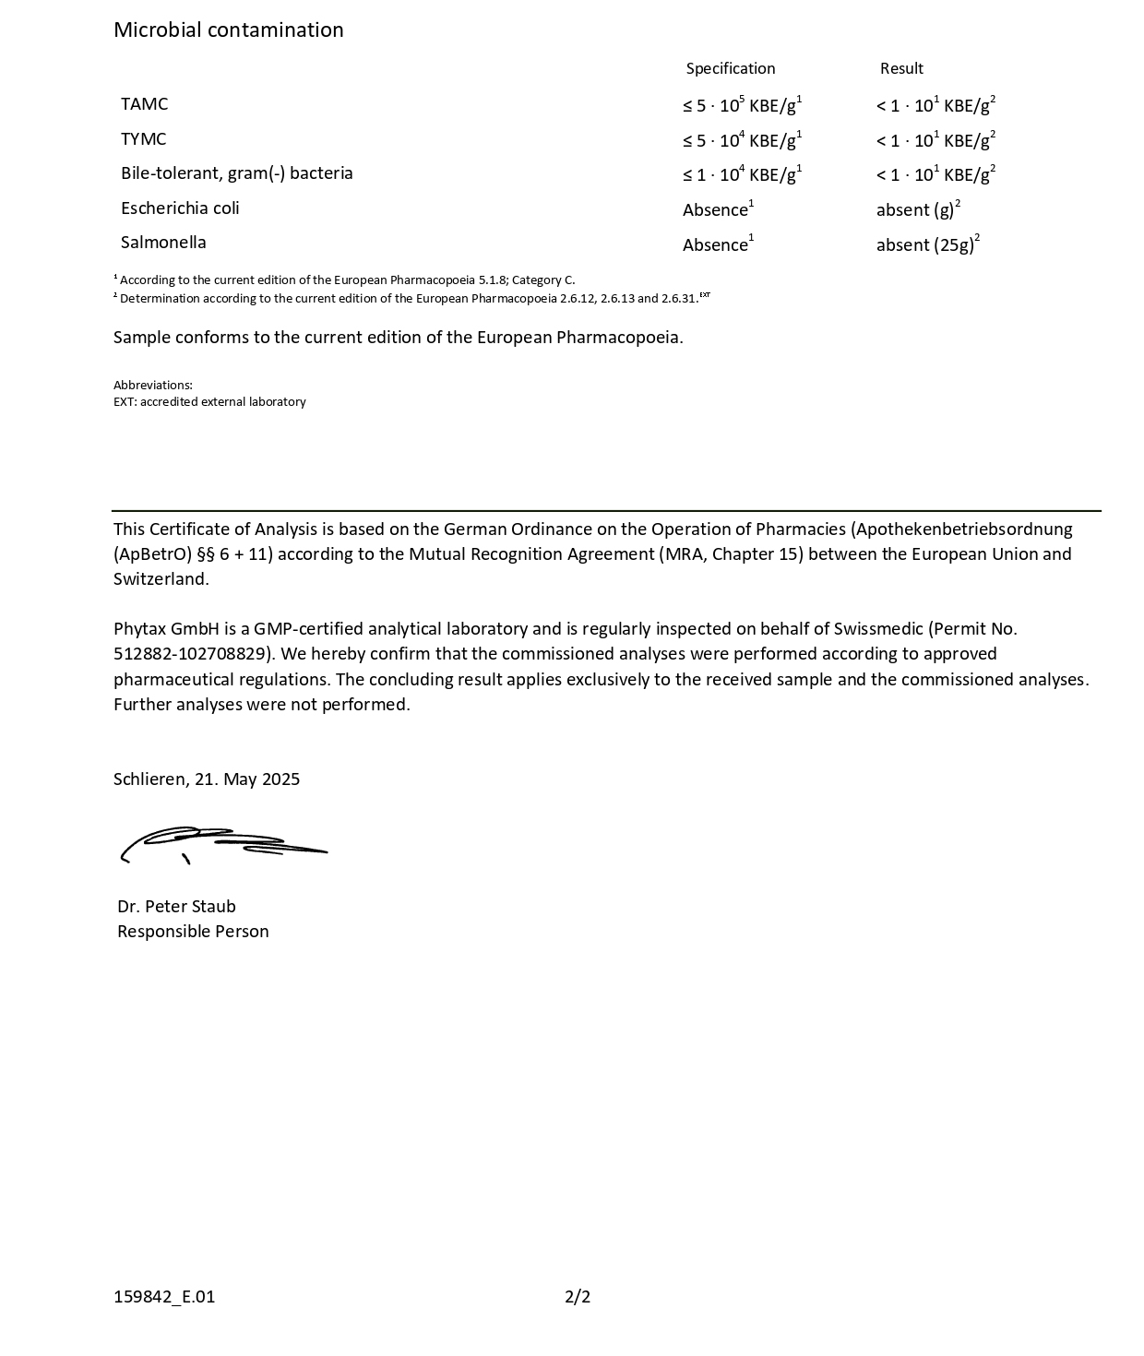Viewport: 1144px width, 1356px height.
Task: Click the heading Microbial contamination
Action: tap(228, 30)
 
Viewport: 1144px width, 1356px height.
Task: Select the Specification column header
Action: tap(730, 68)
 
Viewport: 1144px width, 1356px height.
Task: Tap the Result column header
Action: tap(900, 68)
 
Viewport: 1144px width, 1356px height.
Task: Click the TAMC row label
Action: tap(144, 104)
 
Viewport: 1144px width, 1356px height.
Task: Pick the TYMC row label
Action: tap(143, 139)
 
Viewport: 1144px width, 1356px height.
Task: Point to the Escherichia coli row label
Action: tap(180, 208)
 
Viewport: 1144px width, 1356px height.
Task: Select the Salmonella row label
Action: tap(163, 243)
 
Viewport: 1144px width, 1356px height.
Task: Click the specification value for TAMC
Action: tap(742, 105)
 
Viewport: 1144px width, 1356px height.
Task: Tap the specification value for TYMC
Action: tap(742, 140)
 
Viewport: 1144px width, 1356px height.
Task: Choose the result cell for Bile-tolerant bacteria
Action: tap(935, 174)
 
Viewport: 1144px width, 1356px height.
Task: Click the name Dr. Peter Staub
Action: tap(176, 907)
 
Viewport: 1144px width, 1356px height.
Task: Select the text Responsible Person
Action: tap(193, 932)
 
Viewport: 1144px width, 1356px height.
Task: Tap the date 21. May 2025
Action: tap(246, 779)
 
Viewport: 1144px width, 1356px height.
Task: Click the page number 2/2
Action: tap(578, 1297)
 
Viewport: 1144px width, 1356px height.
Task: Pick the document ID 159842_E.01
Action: tap(164, 1297)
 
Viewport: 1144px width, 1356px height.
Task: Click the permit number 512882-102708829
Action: tap(194, 654)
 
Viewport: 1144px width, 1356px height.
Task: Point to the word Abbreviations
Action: tap(152, 385)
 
